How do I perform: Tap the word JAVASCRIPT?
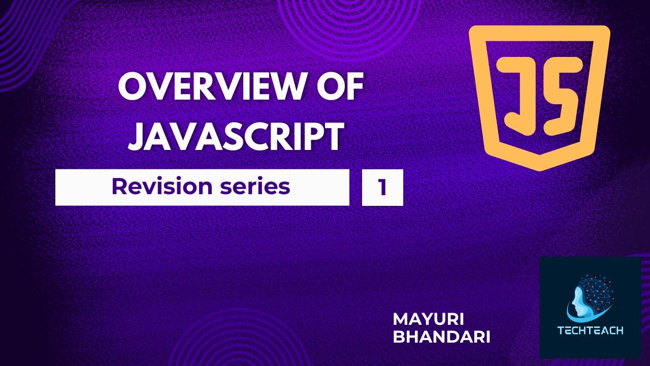tap(235, 136)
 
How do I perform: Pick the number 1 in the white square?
tap(382, 188)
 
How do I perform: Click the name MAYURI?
tap(429, 319)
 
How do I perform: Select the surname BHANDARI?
tap(441, 337)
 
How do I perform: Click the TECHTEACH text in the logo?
tap(591, 330)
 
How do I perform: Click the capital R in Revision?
tap(118, 187)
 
